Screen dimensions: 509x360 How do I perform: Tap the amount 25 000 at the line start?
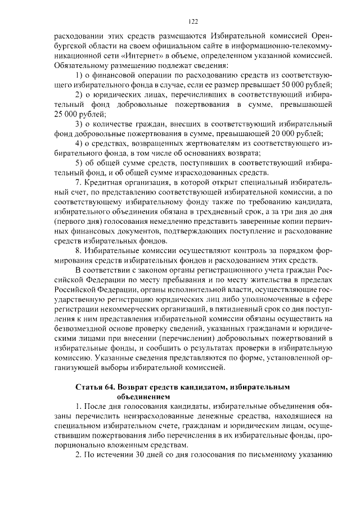click(x=65, y=113)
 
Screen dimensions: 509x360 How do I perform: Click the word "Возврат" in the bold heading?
click(x=140, y=388)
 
